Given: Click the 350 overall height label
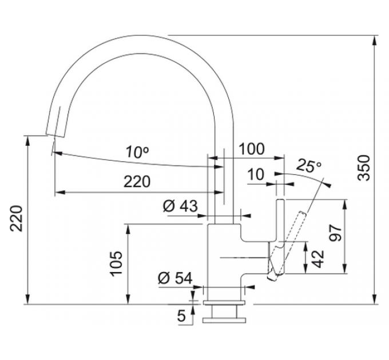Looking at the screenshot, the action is point(365,168).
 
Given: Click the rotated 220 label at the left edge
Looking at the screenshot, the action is point(17,218).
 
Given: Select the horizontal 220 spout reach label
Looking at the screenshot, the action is point(137,182).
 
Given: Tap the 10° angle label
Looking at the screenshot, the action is point(137,151).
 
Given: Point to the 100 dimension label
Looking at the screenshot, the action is point(252,149).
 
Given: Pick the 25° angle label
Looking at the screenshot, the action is point(309,166).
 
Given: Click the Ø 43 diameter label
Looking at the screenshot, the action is point(180,206).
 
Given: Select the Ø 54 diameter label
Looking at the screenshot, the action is point(175,278).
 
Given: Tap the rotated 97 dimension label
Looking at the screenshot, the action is point(336,233).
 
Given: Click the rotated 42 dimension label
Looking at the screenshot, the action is point(318,259).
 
